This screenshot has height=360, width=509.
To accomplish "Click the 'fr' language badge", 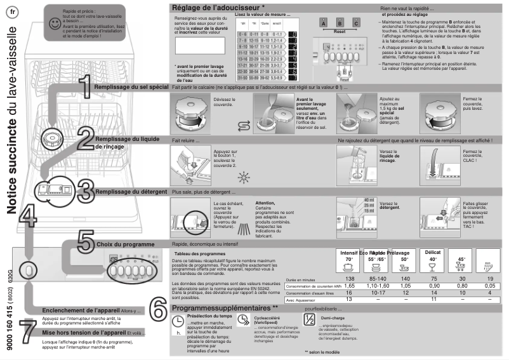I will [14, 14].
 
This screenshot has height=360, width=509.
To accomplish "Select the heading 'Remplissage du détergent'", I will [131, 192].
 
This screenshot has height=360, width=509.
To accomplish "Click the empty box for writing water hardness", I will [199, 45].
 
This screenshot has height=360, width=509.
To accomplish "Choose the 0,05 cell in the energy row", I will [487, 286].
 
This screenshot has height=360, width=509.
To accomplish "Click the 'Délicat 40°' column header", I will [432, 256].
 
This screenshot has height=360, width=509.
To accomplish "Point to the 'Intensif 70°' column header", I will [348, 256].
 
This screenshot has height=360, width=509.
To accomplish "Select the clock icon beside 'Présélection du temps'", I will [178, 322].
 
